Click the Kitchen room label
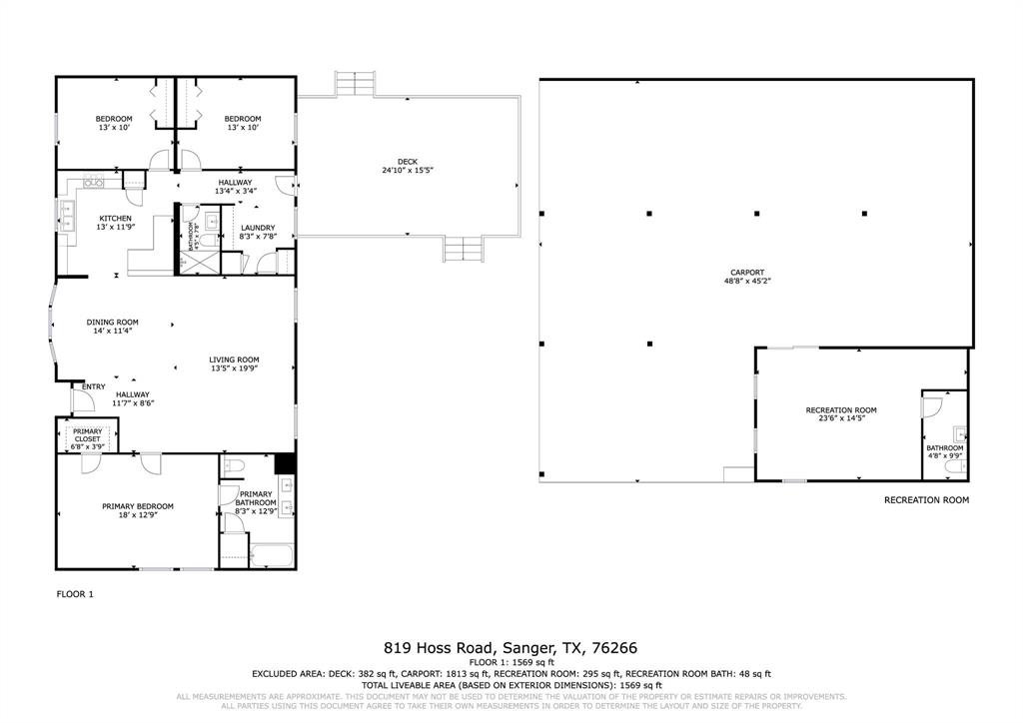[115, 218]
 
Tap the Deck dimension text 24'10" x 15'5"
[407, 171]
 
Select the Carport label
[746, 272]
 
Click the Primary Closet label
[87, 434]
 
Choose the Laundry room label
[258, 228]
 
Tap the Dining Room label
[112, 322]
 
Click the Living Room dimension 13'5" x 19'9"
[235, 368]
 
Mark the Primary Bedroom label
[138, 506]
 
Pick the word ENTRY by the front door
[93, 386]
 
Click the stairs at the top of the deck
[354, 83]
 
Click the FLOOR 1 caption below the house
[74, 594]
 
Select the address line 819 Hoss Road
[511, 646]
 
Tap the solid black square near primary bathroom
[284, 463]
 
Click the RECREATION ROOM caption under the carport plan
[926, 499]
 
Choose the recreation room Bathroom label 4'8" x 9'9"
[944, 451]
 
